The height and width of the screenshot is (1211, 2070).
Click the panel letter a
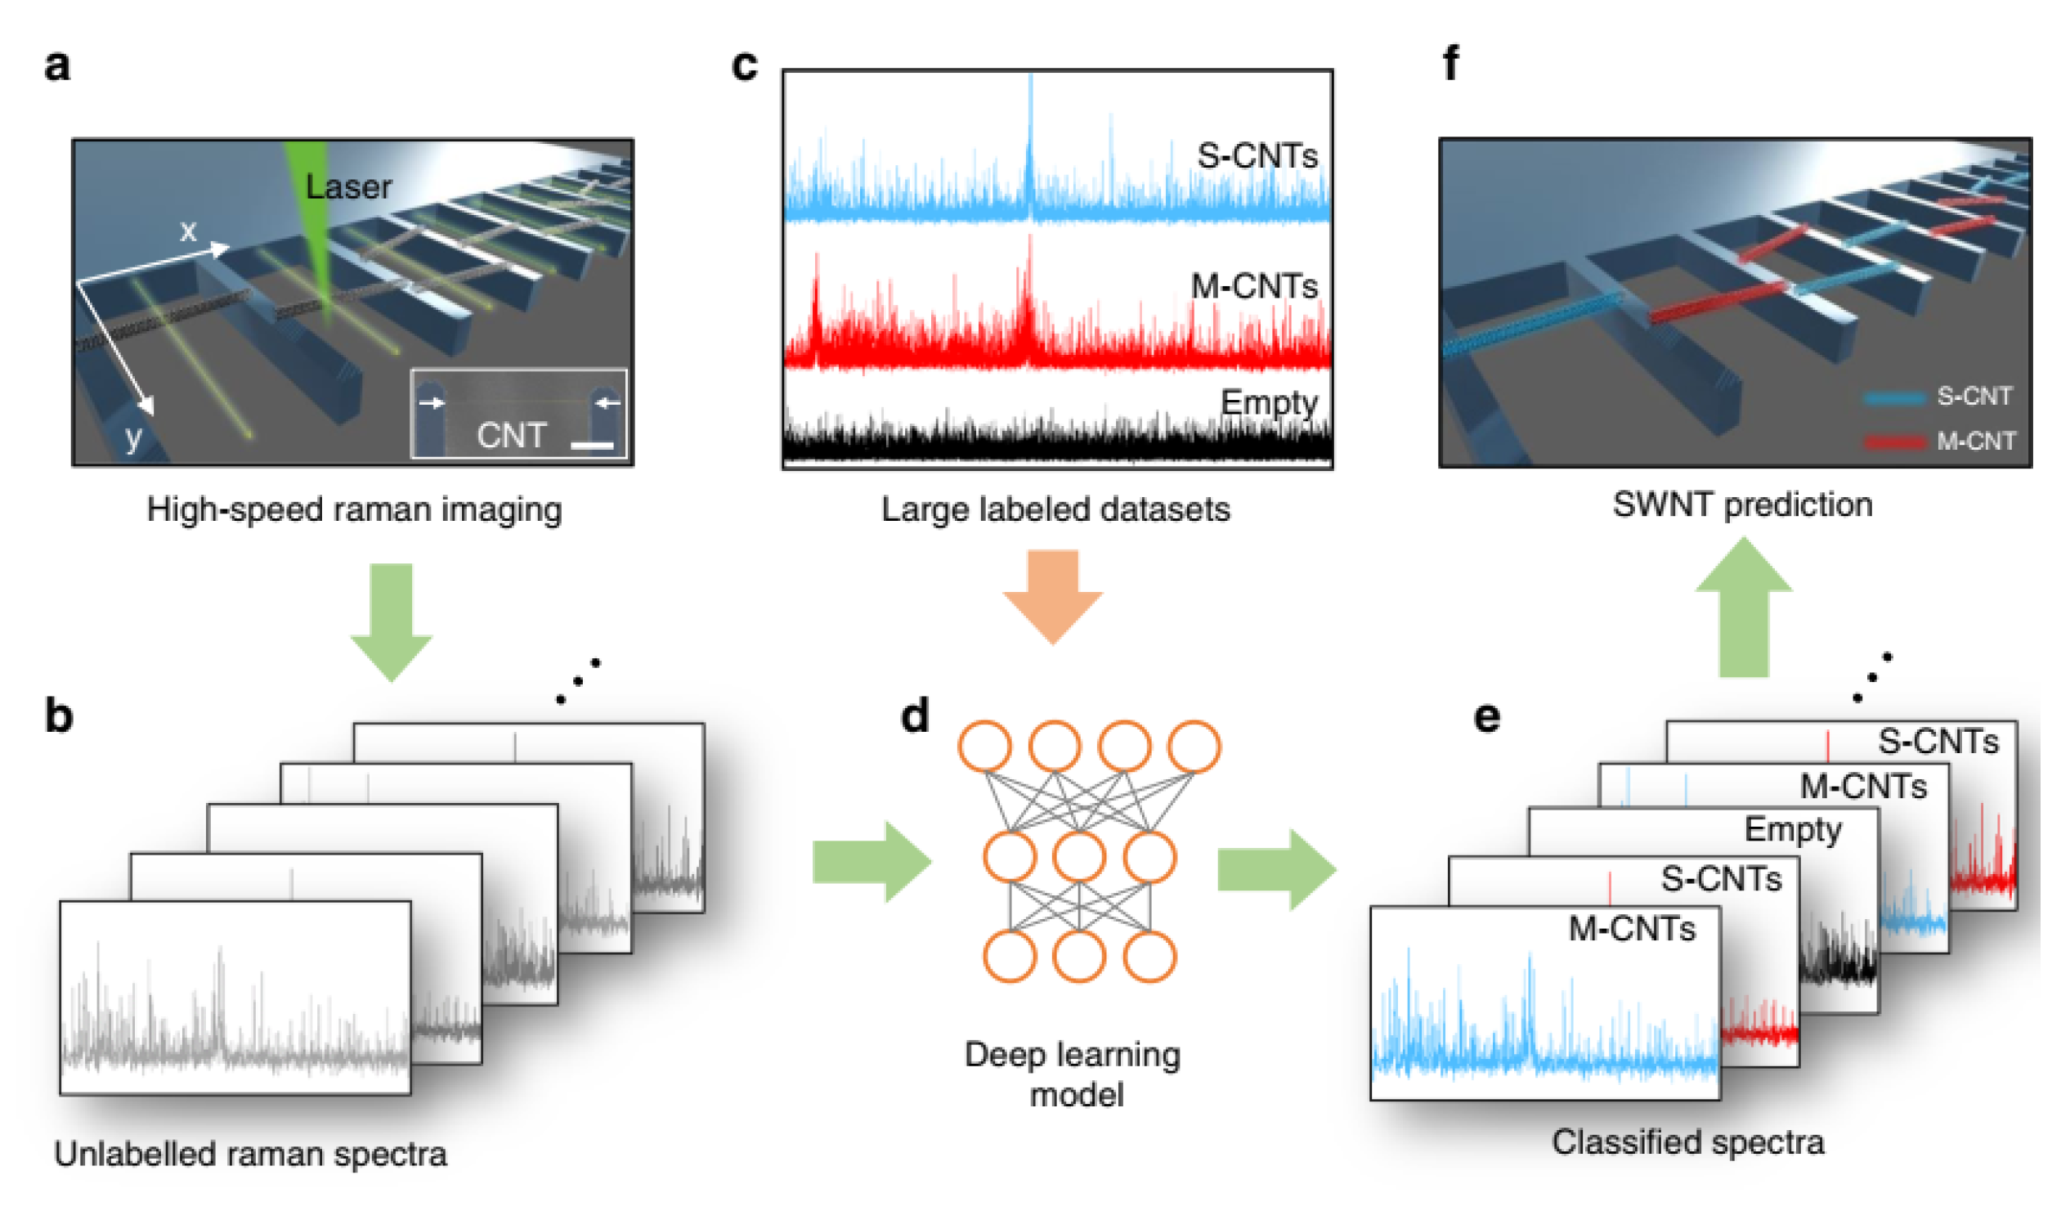[56, 65]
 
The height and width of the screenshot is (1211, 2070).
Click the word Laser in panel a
[348, 187]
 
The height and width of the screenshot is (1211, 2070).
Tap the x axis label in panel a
[188, 231]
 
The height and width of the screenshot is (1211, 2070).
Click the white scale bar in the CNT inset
[591, 446]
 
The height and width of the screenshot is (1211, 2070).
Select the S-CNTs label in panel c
[1257, 155]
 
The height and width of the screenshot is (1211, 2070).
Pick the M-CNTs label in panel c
[1254, 286]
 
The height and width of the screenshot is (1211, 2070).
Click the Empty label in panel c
[1269, 401]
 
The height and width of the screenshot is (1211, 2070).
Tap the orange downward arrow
[1052, 597]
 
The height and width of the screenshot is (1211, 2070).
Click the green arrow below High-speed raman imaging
[391, 622]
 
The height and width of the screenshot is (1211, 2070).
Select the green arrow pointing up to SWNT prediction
[1743, 608]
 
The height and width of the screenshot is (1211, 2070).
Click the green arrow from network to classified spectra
[1275, 869]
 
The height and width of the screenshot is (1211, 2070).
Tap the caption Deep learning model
[1073, 1074]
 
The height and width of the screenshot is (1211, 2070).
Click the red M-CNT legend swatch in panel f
[1894, 442]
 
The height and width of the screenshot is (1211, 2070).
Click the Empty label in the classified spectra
[1792, 829]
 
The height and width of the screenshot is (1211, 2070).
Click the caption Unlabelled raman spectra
[250, 1154]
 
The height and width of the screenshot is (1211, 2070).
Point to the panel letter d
[914, 716]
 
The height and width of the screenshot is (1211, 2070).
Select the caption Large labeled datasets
[1055, 509]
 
